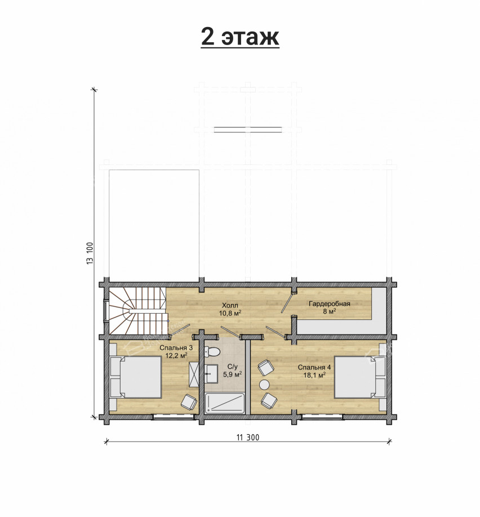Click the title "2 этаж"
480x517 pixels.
[x=240, y=37]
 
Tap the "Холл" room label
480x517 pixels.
[x=230, y=305]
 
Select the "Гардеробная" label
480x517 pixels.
[x=329, y=304]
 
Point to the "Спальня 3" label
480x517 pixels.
[x=176, y=348]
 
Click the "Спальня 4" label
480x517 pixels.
[x=314, y=367]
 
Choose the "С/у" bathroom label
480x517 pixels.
[x=232, y=367]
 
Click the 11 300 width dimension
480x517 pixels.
[x=248, y=438]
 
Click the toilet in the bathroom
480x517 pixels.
[x=212, y=352]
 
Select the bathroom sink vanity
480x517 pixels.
[x=211, y=373]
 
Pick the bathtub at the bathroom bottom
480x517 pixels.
[x=224, y=403]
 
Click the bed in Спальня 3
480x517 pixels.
[x=135, y=377]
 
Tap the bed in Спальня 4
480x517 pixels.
[x=360, y=377]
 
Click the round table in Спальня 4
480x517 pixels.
[x=265, y=384]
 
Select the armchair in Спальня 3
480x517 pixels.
[x=188, y=402]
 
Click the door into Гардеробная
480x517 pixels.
[x=287, y=302]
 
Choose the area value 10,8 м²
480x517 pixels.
[x=230, y=313]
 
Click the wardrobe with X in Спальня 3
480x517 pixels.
[x=193, y=374]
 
